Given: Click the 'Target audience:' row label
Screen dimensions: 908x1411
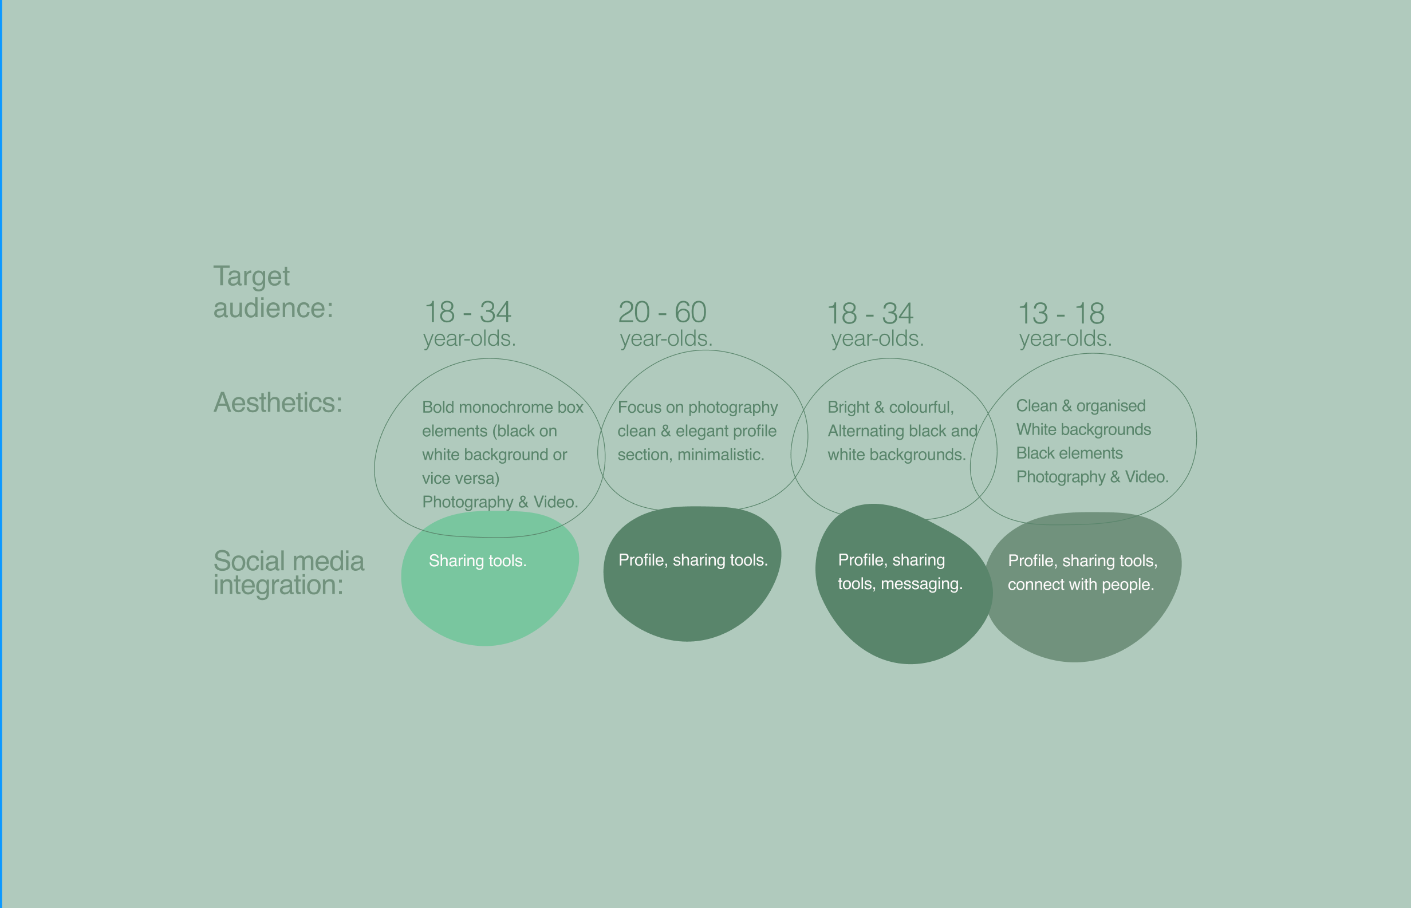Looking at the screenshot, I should pyautogui.click(x=273, y=292).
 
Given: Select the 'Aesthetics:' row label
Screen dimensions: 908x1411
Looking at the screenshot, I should pyautogui.click(x=278, y=402).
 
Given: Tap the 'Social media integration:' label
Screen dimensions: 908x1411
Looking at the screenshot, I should pyautogui.click(x=289, y=573).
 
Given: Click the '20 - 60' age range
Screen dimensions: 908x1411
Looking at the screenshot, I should pyautogui.click(x=662, y=312).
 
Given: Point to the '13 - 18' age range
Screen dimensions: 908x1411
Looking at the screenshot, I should pyautogui.click(x=1061, y=313).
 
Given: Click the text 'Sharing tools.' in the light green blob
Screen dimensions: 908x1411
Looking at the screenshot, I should pyautogui.click(x=478, y=560).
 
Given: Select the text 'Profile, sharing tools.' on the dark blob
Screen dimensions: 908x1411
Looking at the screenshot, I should pyautogui.click(x=693, y=560).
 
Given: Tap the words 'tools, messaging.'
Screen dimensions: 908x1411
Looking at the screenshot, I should pyautogui.click(x=900, y=584).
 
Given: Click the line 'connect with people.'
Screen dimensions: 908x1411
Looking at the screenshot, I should pyautogui.click(x=1081, y=585).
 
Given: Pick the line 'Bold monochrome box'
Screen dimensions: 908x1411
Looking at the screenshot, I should pyautogui.click(x=502, y=408).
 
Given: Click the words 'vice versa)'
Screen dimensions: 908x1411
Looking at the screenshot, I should pyautogui.click(x=460, y=478).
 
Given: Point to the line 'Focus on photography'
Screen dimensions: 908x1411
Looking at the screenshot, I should pyautogui.click(x=697, y=408).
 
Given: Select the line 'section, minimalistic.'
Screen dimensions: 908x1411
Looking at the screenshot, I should pyautogui.click(x=691, y=455).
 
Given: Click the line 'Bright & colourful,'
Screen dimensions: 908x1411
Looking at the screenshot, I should pyautogui.click(x=890, y=408).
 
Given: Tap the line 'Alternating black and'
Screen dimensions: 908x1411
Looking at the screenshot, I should pyautogui.click(x=902, y=431).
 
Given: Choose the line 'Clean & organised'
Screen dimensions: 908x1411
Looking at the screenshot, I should pyautogui.click(x=1081, y=406).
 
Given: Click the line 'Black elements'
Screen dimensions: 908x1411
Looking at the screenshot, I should pyautogui.click(x=1070, y=453).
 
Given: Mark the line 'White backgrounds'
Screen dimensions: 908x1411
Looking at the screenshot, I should pyautogui.click(x=1084, y=429).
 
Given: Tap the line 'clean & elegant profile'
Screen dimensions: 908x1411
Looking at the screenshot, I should pyautogui.click(x=697, y=431).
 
